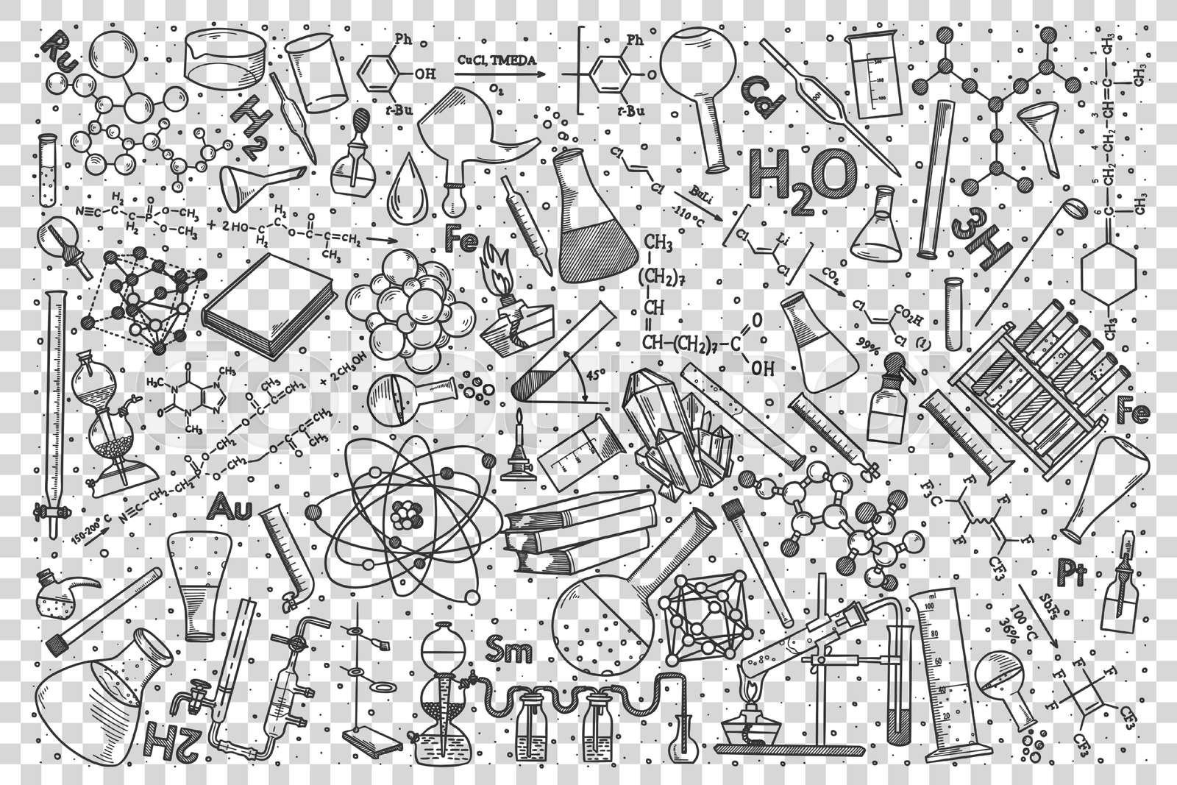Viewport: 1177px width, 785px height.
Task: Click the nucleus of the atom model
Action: [x=404, y=514]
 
